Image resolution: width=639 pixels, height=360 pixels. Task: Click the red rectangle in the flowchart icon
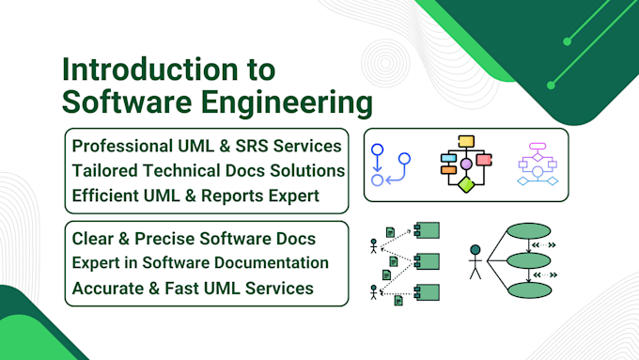[x=484, y=160]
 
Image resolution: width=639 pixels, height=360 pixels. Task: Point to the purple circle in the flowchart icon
[x=466, y=164]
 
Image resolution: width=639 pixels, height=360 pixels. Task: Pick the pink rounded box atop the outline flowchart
[x=538, y=148]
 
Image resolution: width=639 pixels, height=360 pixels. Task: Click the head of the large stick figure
[x=475, y=250]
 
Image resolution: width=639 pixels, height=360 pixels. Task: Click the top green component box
[x=427, y=229]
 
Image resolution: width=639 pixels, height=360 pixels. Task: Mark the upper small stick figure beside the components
[x=374, y=246]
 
